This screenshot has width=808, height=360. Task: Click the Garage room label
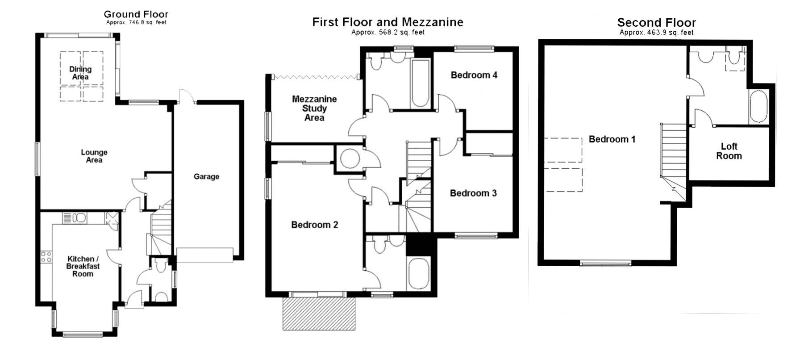(x=206, y=176)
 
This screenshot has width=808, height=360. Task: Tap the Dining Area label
(x=80, y=73)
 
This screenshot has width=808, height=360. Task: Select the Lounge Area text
(x=94, y=156)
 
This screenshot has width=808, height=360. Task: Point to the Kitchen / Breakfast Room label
(x=83, y=266)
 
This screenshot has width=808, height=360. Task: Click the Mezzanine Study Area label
(x=314, y=108)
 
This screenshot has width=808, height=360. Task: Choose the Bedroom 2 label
(x=315, y=225)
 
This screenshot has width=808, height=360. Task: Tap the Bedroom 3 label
(x=473, y=193)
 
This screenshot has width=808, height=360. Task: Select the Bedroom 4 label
(x=474, y=75)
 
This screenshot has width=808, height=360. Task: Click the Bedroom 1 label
(x=612, y=139)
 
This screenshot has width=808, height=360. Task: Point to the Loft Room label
(x=729, y=151)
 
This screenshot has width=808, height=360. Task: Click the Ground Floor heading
(x=136, y=14)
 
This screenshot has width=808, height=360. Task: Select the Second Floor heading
(x=656, y=22)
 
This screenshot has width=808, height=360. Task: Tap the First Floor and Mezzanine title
(x=387, y=22)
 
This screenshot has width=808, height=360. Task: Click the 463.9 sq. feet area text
(x=656, y=33)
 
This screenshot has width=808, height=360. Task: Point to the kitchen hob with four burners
(x=46, y=257)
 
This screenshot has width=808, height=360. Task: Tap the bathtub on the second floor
(x=758, y=107)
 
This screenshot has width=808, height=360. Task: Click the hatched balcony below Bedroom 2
(x=319, y=314)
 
